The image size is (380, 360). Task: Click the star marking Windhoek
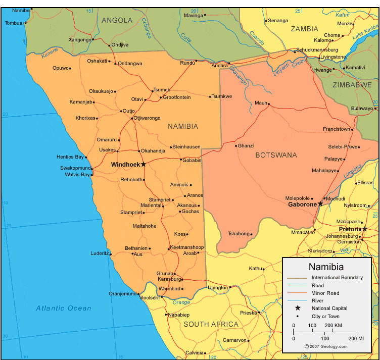tap(144, 165)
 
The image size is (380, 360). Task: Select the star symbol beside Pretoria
tap(365, 229)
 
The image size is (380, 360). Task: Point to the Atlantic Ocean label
tap(64, 308)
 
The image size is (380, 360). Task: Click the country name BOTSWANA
tap(276, 155)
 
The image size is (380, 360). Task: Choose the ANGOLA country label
tap(117, 20)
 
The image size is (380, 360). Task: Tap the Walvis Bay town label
tap(77, 175)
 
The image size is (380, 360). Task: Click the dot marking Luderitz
tap(110, 253)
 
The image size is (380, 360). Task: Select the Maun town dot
tap(269, 105)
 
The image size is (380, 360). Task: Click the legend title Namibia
tap(326, 267)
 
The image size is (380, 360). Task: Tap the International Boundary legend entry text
tap(337, 278)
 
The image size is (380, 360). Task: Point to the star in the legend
tap(298, 308)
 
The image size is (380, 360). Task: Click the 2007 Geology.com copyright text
tap(326, 346)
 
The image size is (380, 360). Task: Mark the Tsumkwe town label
tap(222, 96)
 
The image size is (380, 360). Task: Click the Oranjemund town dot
tap(138, 294)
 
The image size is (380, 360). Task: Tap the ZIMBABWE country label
tap(352, 85)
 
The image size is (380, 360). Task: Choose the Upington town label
tap(218, 288)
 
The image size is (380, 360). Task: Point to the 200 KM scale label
tap(334, 325)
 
